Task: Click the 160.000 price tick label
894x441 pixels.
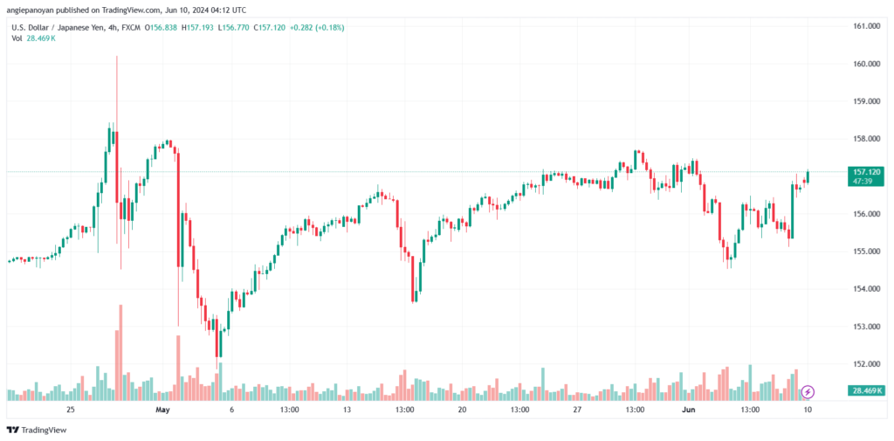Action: tap(864, 64)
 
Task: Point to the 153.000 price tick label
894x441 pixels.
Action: tap(864, 327)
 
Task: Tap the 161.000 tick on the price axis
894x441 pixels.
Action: tap(864, 26)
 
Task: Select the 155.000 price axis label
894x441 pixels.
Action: tap(864, 252)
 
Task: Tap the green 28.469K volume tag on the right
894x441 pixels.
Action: tap(865, 390)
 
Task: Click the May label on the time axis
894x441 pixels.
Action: tap(161, 409)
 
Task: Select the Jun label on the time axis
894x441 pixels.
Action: tap(689, 409)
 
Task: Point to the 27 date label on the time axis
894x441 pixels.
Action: tap(577, 409)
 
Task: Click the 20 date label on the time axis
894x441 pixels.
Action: tap(462, 409)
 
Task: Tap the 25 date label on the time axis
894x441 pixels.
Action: tap(71, 409)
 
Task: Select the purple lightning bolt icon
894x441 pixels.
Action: tap(808, 391)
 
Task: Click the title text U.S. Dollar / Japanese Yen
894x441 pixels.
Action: tap(62, 27)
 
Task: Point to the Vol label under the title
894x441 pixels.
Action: tap(16, 40)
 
